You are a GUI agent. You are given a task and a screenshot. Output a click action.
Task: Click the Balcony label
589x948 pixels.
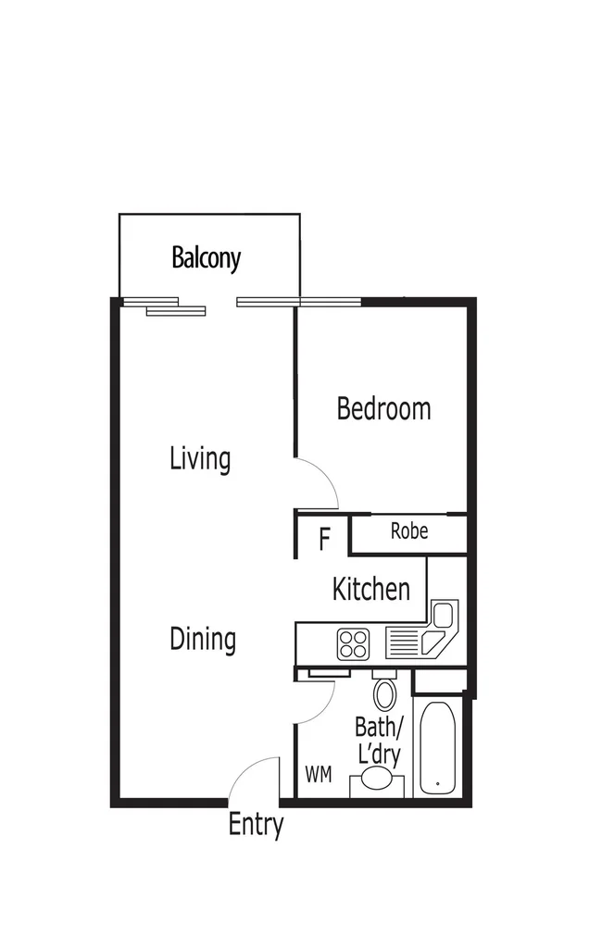206,258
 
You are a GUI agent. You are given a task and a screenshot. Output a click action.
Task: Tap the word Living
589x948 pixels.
200,458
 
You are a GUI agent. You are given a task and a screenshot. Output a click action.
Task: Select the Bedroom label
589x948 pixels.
383,408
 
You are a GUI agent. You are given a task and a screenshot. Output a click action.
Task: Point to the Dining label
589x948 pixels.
203,639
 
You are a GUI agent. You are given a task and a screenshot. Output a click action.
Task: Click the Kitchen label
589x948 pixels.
370,589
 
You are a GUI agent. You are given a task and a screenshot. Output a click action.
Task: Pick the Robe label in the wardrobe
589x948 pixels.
408,531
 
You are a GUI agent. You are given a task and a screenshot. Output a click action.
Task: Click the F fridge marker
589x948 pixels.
324,539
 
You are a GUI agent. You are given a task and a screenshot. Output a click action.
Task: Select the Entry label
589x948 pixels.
256,825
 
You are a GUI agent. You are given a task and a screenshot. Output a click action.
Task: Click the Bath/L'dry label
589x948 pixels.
379,740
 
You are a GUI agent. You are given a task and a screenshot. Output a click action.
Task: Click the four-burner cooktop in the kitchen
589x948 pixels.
354,642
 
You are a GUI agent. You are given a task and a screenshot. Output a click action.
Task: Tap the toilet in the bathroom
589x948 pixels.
384,692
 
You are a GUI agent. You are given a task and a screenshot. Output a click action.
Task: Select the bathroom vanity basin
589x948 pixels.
377,780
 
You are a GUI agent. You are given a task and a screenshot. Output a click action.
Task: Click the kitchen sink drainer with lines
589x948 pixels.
404,642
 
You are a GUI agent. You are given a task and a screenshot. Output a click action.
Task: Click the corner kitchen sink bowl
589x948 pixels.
444,616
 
